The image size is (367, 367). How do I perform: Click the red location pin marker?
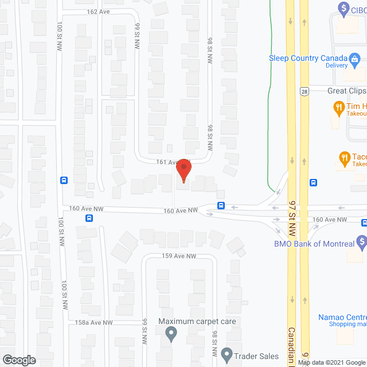183,170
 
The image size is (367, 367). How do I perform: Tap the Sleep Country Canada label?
309,58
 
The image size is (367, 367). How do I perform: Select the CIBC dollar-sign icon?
344,9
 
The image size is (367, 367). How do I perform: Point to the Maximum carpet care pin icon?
170,333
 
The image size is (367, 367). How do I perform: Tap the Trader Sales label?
256,356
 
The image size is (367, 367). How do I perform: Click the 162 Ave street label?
99,11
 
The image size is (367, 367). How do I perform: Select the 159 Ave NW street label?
179,256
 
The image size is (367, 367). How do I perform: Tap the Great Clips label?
346,91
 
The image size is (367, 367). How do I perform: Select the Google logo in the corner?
18,360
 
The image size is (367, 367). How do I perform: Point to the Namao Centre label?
342,317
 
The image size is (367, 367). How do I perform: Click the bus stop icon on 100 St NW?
63,179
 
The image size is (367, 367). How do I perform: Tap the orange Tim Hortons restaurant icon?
338,107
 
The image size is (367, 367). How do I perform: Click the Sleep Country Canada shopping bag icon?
355,58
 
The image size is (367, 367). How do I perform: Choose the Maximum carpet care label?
198,321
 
